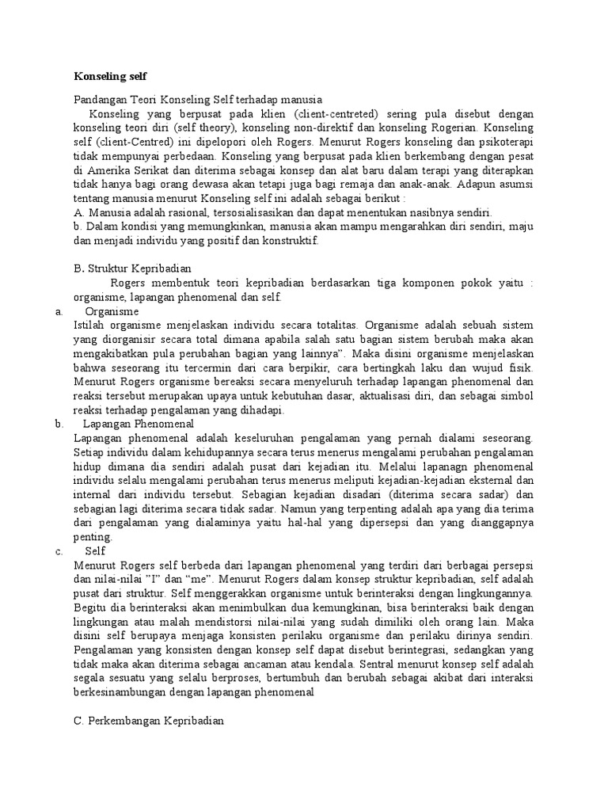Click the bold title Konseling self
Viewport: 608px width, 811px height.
point(110,77)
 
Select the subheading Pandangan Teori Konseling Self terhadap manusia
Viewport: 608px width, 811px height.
point(198,101)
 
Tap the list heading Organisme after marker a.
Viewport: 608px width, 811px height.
point(112,311)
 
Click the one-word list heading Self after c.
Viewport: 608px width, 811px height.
point(95,550)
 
